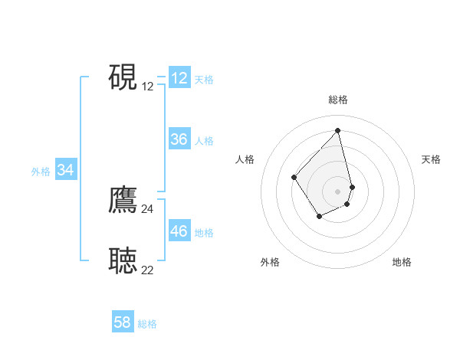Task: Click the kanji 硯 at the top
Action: pos(123,77)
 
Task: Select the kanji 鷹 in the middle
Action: pos(123,200)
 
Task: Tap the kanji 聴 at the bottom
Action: pos(123,260)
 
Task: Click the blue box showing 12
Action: pos(179,78)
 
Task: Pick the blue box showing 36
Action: pos(179,139)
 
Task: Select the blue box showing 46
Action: pos(179,231)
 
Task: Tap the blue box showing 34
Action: pos(66,170)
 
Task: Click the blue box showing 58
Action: pos(123,322)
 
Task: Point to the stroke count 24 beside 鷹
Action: pos(147,209)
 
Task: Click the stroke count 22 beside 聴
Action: pos(147,270)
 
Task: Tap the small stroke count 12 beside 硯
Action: pos(147,87)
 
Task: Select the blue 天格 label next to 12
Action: pos(204,79)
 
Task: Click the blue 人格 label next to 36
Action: pos(204,140)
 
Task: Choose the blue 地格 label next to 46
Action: pos(204,232)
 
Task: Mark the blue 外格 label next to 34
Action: pos(41,172)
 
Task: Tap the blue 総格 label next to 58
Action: pos(147,324)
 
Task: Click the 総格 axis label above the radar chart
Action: pos(338,100)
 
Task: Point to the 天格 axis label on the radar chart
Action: pos(431,159)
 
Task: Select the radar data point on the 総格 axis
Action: pos(338,131)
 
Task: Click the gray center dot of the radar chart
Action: pos(338,191)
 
